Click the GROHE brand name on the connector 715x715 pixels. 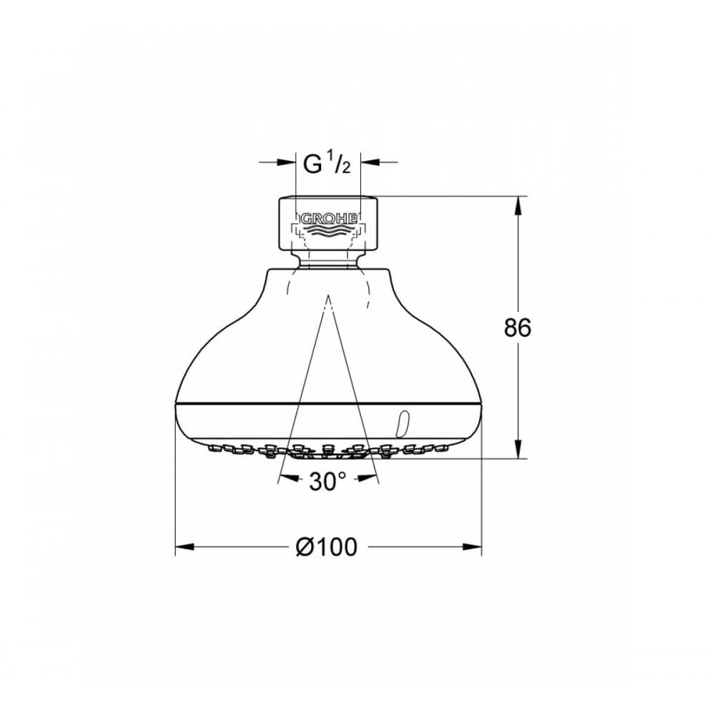[x=328, y=220]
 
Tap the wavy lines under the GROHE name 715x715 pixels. [x=328, y=231]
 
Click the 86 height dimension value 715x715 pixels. [x=518, y=327]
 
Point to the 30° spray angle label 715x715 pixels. [x=327, y=481]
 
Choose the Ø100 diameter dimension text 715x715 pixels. [x=326, y=546]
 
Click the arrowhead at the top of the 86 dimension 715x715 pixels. [x=518, y=205]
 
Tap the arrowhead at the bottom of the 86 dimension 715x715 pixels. [x=518, y=450]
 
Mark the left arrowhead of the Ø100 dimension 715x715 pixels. [x=185, y=546]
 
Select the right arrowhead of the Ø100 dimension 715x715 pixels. [x=473, y=546]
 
